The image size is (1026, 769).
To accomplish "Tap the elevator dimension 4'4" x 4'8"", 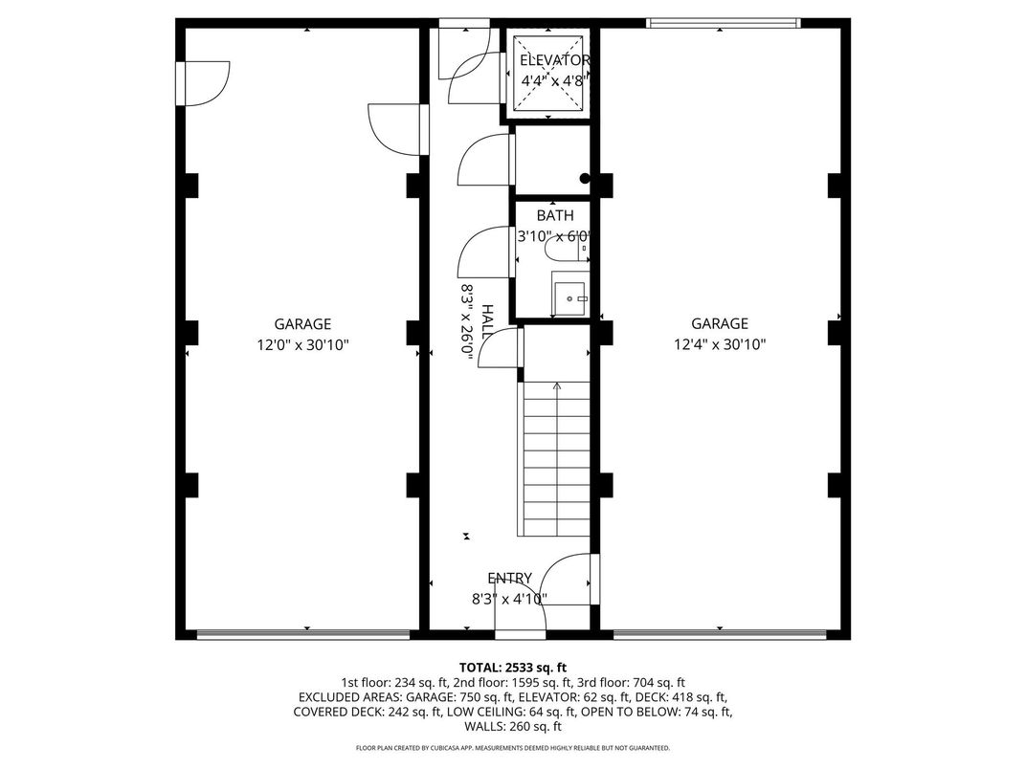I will coord(552,80).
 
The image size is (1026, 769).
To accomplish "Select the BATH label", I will coord(555,215).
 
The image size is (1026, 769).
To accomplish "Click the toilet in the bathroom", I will coord(566,252).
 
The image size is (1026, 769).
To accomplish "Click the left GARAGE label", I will coord(302,324).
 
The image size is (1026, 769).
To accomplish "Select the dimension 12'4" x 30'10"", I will coord(720,344).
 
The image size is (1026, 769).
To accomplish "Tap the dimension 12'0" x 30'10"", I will coord(302,344).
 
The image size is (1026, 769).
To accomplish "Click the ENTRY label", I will coord(509,578).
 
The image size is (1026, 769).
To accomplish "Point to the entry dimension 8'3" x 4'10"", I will coord(509,599).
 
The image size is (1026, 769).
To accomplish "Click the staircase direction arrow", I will coord(557,387).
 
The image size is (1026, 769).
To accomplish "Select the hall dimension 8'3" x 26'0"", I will coord(468,319).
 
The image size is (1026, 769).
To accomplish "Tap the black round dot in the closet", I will coord(585,178).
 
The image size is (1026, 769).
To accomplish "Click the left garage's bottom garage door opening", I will coord(303,633).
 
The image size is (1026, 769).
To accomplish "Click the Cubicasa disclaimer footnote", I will coord(513,748).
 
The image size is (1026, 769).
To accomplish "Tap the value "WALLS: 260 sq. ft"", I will coord(513,727).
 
